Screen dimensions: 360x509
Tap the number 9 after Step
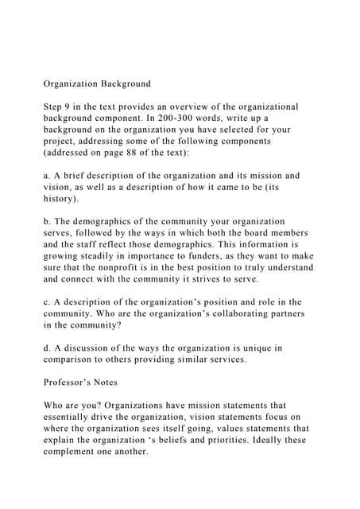click(70, 106)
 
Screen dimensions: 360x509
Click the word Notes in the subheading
click(118, 381)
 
